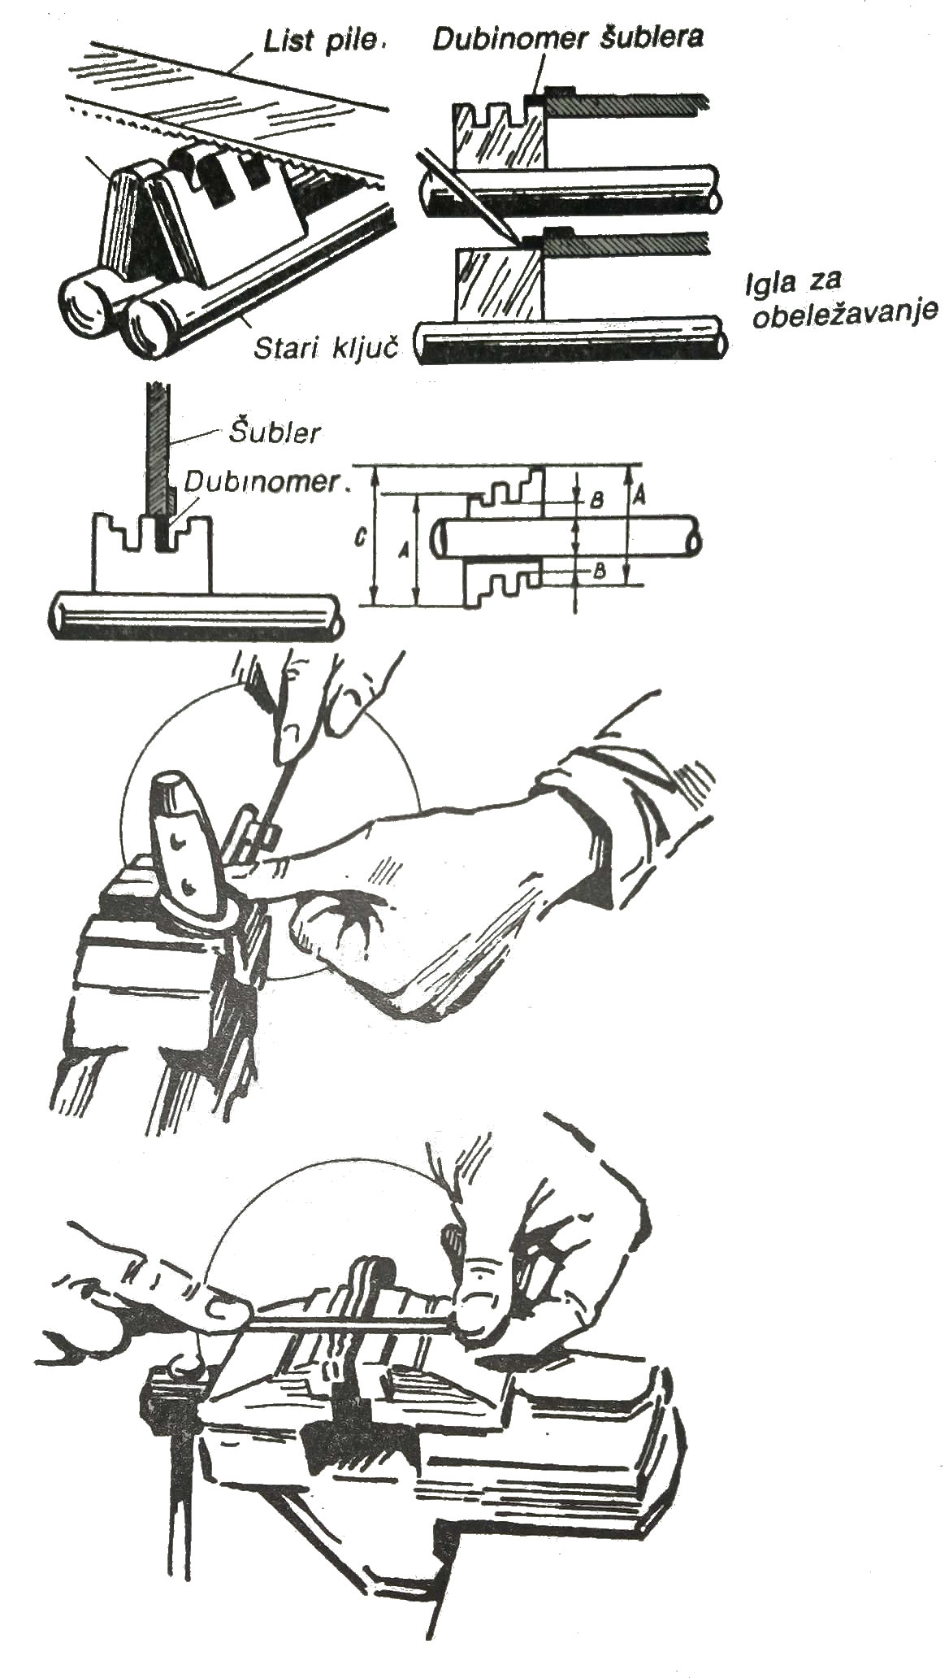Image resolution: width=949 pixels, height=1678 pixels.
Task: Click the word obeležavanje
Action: point(845,315)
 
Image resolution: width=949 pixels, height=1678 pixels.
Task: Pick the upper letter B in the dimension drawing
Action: point(596,501)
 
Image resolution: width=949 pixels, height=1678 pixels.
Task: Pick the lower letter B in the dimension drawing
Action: point(599,570)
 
